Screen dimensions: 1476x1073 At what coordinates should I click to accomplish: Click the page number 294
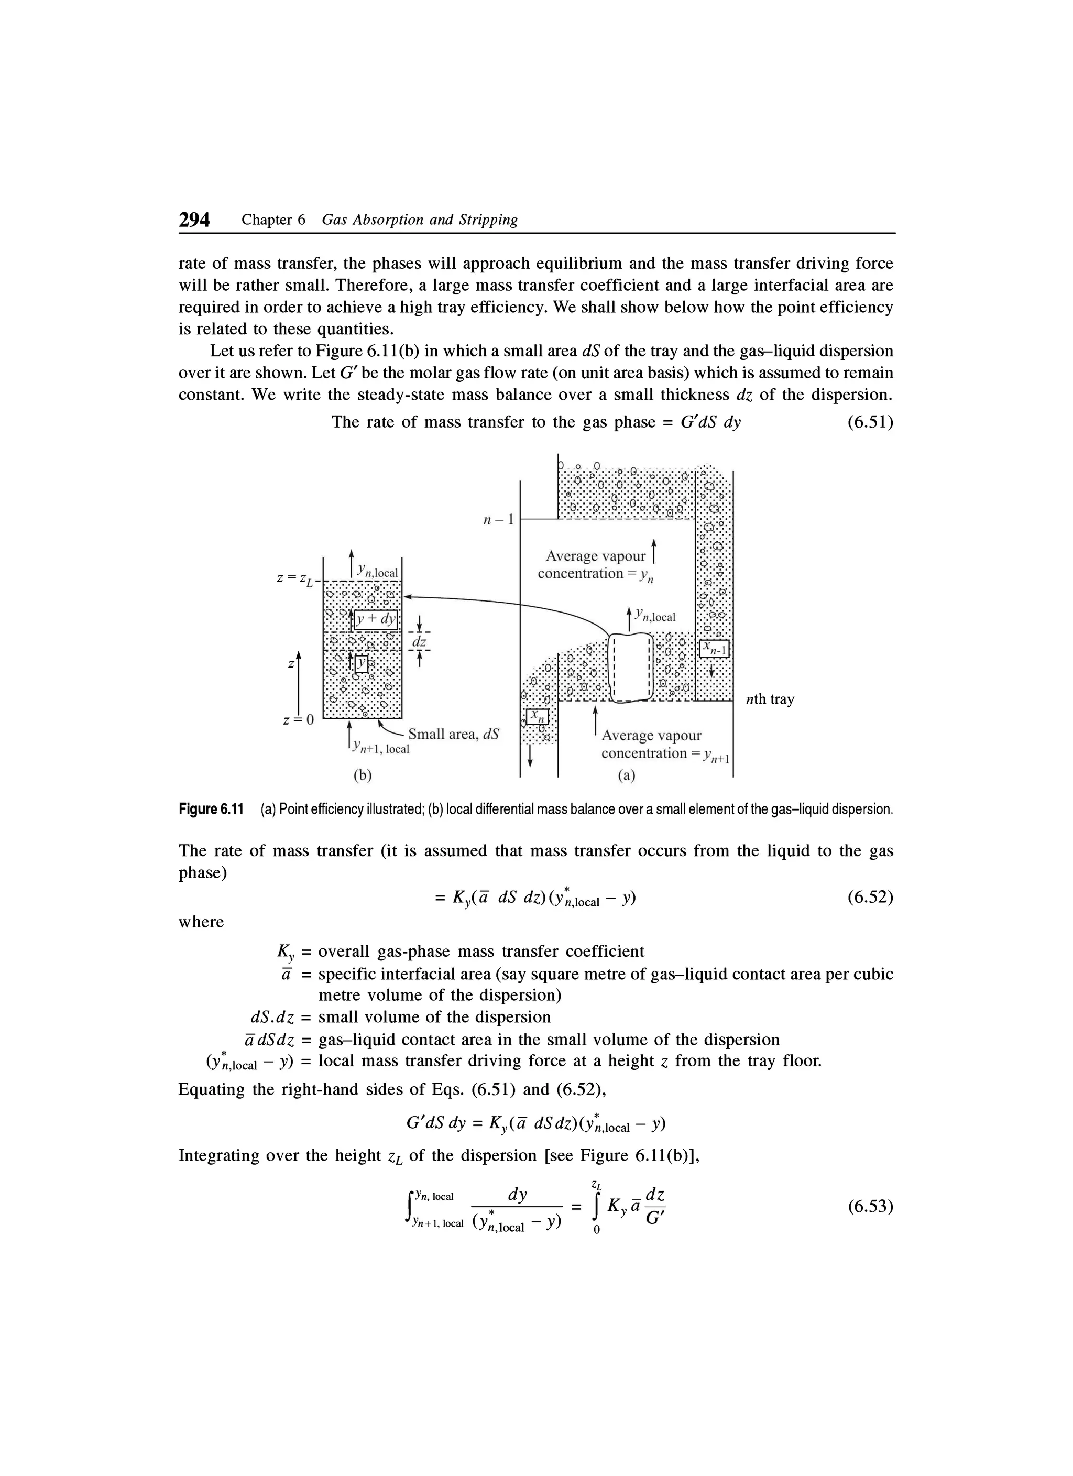click(x=194, y=220)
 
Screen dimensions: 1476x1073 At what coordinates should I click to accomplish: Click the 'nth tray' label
click(x=770, y=699)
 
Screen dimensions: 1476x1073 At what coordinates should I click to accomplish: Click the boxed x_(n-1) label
click(x=715, y=649)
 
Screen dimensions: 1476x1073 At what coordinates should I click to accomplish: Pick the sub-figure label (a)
click(x=627, y=776)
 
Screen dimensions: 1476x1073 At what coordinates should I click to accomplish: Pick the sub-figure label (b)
click(x=361, y=776)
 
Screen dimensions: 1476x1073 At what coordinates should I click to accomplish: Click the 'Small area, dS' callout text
click(x=454, y=734)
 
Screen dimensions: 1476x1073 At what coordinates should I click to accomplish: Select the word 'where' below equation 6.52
click(x=201, y=922)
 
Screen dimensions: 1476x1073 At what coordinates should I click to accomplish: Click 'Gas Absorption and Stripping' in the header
click(x=420, y=220)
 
